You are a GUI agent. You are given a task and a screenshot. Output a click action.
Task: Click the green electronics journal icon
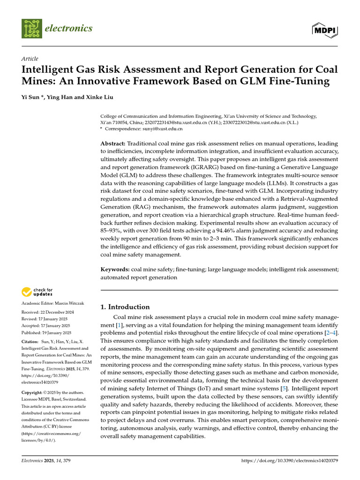31,29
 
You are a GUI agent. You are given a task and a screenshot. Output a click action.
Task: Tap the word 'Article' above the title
30,59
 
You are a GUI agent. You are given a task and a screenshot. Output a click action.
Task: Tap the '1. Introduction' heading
125,307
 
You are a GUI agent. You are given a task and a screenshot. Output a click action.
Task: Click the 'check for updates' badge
37,292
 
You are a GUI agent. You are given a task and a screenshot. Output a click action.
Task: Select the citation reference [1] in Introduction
119,325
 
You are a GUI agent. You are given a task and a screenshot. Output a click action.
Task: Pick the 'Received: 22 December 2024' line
47,312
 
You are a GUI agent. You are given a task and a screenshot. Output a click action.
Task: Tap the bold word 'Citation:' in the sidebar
32,342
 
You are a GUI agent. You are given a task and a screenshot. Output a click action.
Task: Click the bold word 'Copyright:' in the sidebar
34,392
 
